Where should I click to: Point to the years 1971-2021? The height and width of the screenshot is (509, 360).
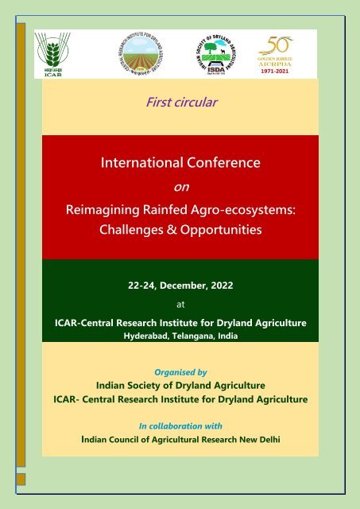[x=290, y=70]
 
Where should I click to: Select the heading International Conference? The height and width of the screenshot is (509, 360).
[x=180, y=165]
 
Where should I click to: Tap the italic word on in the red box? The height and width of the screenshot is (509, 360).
[x=180, y=188]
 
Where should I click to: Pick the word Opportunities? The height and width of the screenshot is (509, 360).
[x=220, y=232]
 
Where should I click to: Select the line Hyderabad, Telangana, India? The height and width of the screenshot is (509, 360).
[x=180, y=336]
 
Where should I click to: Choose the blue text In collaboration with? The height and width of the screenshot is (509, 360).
[x=180, y=425]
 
